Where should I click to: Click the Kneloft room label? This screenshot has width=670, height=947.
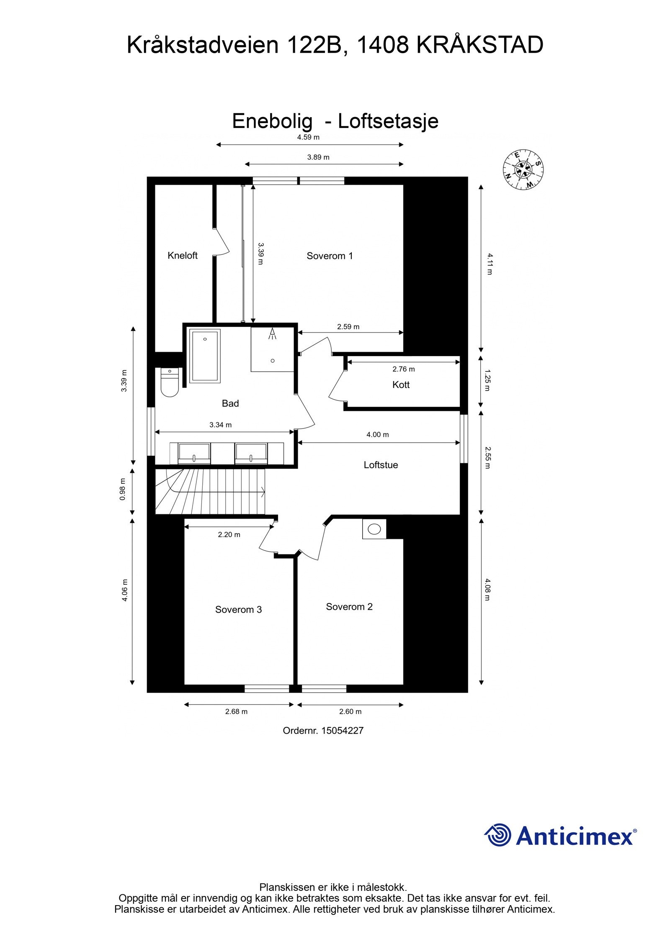click(x=182, y=255)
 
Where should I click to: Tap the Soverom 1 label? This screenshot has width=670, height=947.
click(x=330, y=256)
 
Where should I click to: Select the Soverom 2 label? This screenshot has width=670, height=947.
click(x=349, y=606)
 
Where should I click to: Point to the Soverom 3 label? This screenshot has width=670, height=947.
click(x=238, y=609)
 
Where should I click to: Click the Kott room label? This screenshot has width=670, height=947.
click(x=401, y=385)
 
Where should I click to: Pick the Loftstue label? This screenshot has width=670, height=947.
click(x=381, y=465)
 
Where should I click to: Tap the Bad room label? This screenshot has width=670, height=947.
click(x=230, y=403)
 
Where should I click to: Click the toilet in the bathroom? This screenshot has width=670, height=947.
click(x=170, y=382)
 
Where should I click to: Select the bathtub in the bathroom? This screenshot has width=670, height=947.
click(x=205, y=356)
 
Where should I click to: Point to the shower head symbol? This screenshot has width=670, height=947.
click(x=273, y=334)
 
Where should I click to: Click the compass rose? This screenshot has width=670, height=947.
click(x=523, y=169)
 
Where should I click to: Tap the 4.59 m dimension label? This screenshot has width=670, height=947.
click(x=308, y=137)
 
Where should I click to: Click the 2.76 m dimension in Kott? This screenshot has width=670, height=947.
click(x=403, y=369)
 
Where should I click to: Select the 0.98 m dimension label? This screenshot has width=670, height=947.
click(x=123, y=489)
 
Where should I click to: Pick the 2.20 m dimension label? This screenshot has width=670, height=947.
click(x=229, y=534)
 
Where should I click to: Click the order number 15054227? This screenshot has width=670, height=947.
click(x=342, y=731)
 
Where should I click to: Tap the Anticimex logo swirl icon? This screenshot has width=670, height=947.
click(x=498, y=835)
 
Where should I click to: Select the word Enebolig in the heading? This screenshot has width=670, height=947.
click(x=272, y=121)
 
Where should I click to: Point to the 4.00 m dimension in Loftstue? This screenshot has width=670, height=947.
click(x=377, y=435)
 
